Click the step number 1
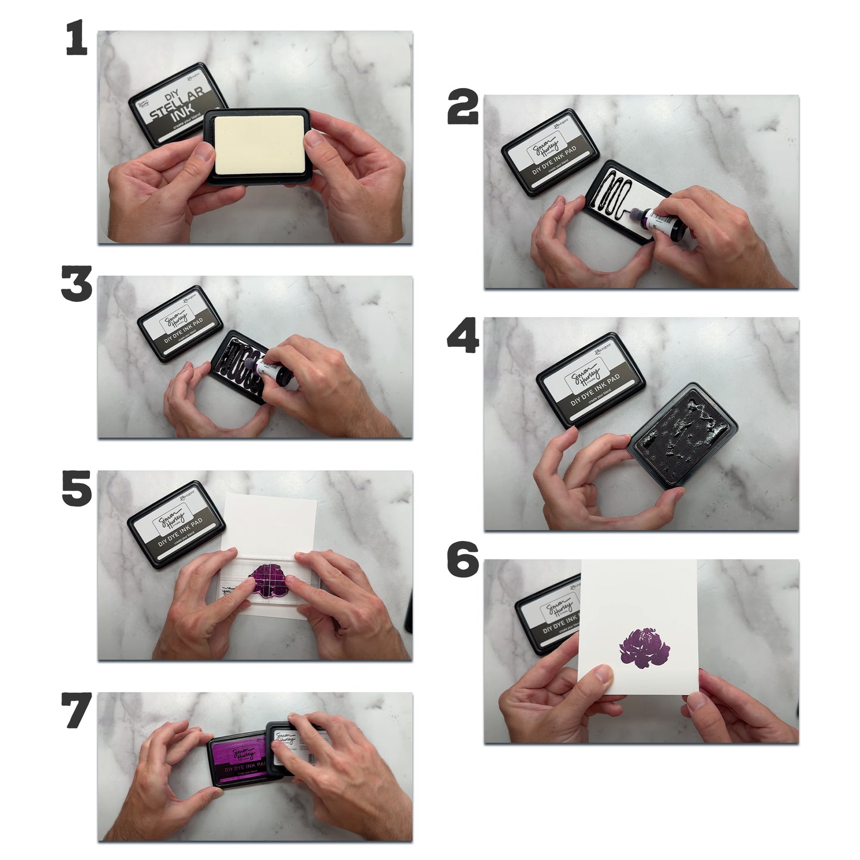click(x=76, y=39)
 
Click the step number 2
click(x=463, y=108)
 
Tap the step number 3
click(x=77, y=284)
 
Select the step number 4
click(x=463, y=337)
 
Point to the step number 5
click(x=77, y=489)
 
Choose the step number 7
click(x=77, y=711)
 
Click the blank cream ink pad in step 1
click(x=259, y=145)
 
